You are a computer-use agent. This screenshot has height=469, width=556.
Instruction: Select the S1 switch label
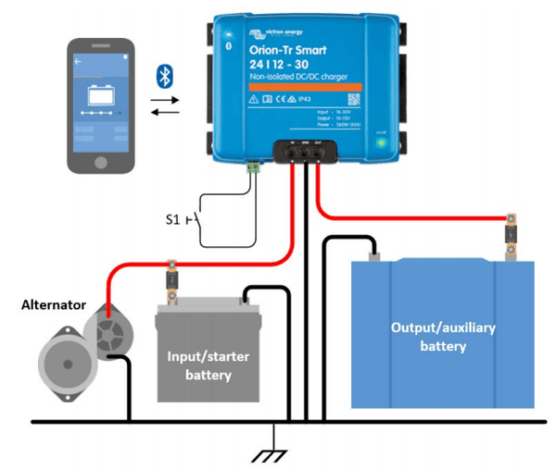tap(174, 219)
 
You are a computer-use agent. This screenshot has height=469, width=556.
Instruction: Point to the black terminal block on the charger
tap(302, 149)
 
